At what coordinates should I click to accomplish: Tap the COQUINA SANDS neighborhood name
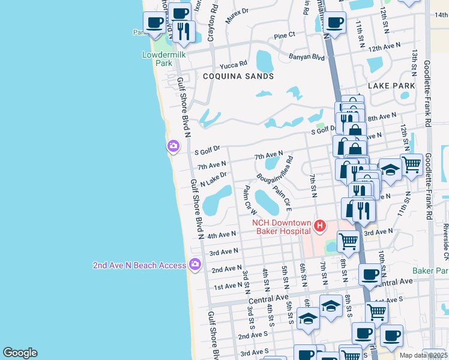(x=238, y=76)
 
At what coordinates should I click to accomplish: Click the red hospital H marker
(x=320, y=226)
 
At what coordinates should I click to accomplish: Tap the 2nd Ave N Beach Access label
(x=139, y=265)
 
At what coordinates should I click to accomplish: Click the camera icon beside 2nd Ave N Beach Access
(x=194, y=263)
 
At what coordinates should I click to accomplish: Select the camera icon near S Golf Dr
(x=173, y=146)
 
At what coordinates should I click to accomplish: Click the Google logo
(x=20, y=353)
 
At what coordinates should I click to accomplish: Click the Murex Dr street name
(x=237, y=12)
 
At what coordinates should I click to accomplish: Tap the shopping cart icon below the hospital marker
(x=348, y=241)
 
